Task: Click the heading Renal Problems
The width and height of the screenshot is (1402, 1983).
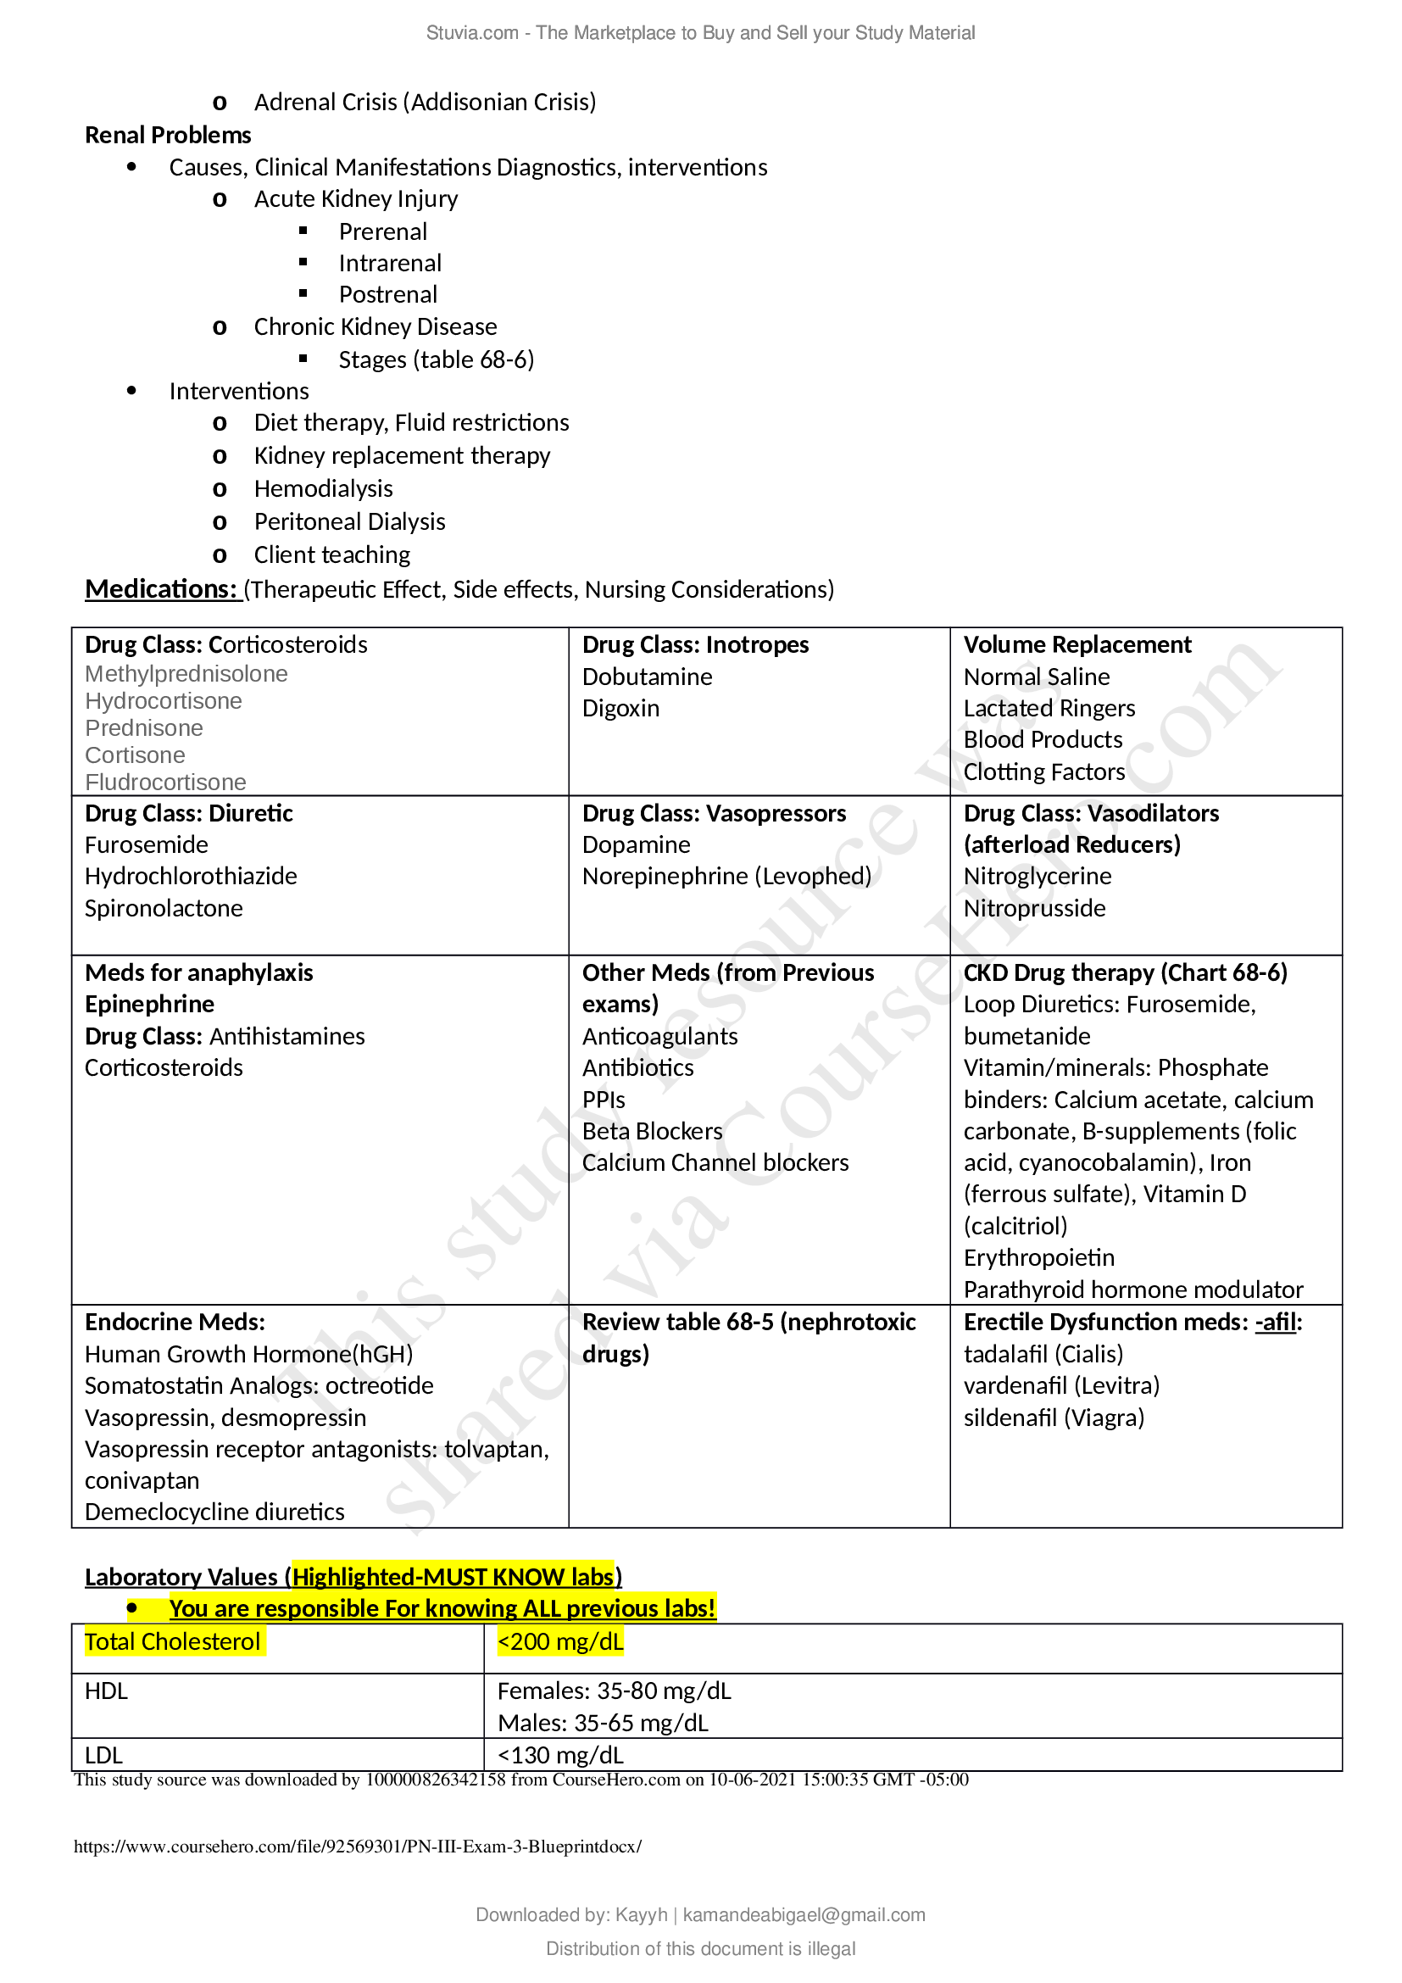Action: pos(168,135)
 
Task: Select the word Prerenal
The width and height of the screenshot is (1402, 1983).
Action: pos(382,231)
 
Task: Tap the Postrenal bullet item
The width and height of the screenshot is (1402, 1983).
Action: pos(387,294)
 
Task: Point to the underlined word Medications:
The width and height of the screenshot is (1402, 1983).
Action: pos(160,589)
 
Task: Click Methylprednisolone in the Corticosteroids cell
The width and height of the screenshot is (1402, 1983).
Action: pos(186,674)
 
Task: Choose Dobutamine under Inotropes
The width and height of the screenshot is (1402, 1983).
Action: pos(647,677)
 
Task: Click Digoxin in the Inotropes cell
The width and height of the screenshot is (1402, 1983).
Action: pos(620,708)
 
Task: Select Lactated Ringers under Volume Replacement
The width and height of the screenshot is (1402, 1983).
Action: pos(1048,708)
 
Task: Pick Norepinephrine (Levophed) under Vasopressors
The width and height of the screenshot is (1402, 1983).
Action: pos(726,876)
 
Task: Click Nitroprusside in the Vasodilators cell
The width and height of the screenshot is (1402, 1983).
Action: pos(1033,908)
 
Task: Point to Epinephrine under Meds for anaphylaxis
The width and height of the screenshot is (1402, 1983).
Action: pos(149,1004)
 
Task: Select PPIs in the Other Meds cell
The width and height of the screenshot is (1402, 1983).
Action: pos(603,1100)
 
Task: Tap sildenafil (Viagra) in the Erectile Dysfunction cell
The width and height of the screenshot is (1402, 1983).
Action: pos(1054,1418)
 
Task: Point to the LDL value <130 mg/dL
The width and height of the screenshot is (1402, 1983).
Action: pos(559,1755)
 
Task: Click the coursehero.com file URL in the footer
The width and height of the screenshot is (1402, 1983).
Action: pos(358,1847)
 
